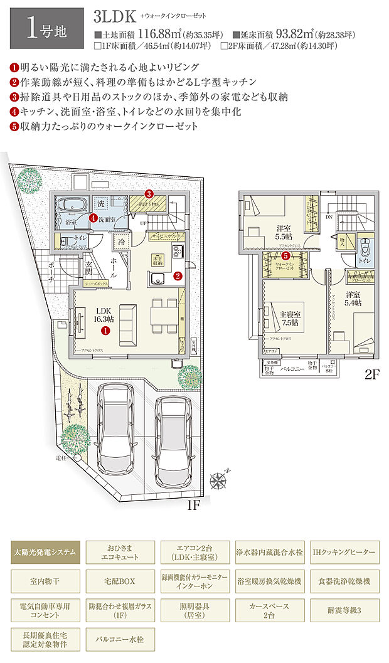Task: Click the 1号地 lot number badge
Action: [x=45, y=28]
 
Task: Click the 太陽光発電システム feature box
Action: [x=45, y=553]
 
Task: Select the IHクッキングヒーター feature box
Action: [x=344, y=553]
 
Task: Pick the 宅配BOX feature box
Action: [x=120, y=581]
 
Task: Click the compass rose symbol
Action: [x=220, y=482]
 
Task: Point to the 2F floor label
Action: [x=373, y=376]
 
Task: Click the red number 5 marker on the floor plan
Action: [x=285, y=255]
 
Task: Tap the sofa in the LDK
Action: [x=128, y=319]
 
